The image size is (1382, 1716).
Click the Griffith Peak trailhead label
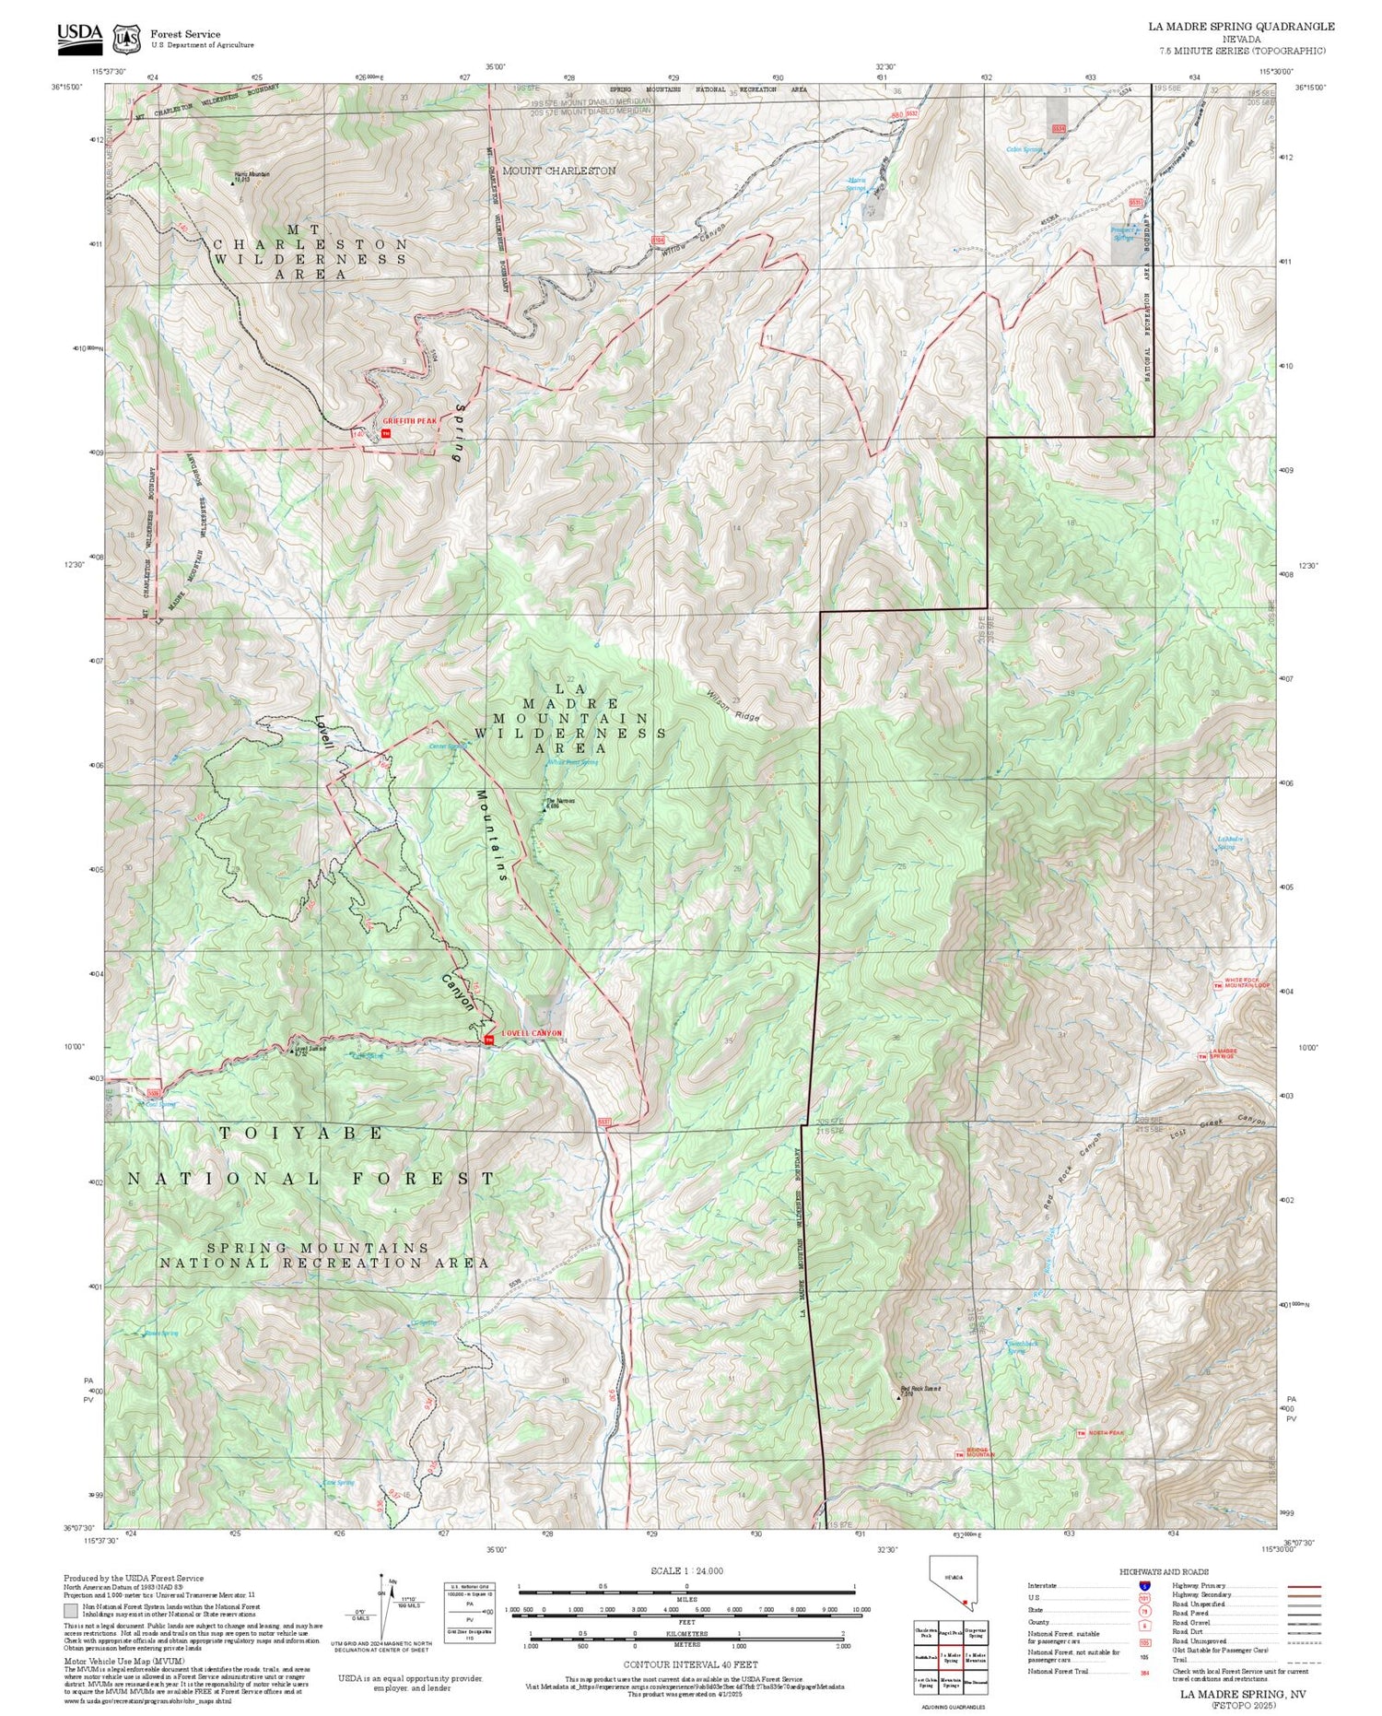click(x=410, y=420)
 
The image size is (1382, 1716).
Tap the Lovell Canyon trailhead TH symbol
click(x=489, y=1041)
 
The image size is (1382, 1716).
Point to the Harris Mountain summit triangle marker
click(x=232, y=183)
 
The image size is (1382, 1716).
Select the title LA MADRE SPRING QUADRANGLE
click(x=1243, y=27)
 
